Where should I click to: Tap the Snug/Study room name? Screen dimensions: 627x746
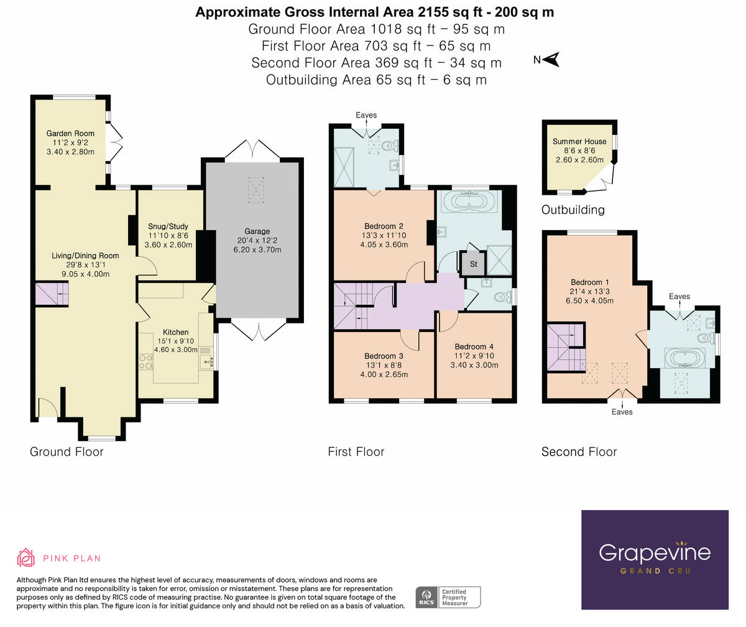coord(168,226)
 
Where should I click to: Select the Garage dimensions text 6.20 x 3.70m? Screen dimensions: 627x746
coord(257,250)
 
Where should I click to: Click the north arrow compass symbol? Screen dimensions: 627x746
coord(551,60)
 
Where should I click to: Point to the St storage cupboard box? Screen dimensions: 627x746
coord(473,264)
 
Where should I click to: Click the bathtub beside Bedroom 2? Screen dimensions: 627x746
coord(467,201)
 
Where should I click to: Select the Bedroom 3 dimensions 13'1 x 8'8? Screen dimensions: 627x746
coord(384,366)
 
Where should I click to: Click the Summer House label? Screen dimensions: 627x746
coord(579,142)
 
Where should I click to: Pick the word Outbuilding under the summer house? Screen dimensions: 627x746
coord(573,210)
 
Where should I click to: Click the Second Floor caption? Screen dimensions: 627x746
coord(579,452)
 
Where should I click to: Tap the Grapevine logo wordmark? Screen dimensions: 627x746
coord(654,552)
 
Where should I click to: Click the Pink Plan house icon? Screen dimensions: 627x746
coord(26,558)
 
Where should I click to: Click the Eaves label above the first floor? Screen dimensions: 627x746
coord(366,115)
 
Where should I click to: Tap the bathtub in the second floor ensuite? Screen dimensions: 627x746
coord(684,358)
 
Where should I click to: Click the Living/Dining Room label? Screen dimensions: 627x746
coord(85,256)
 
